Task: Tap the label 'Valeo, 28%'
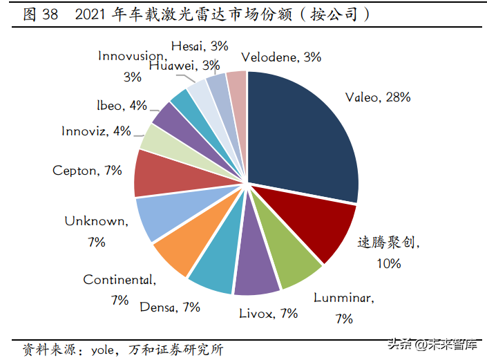click(x=378, y=97)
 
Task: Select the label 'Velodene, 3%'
click(x=281, y=57)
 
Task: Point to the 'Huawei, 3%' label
click(x=184, y=66)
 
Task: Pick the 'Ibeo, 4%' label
click(x=122, y=106)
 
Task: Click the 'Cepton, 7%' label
click(x=87, y=170)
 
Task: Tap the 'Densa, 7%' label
click(x=169, y=307)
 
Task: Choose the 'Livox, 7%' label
click(x=268, y=313)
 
